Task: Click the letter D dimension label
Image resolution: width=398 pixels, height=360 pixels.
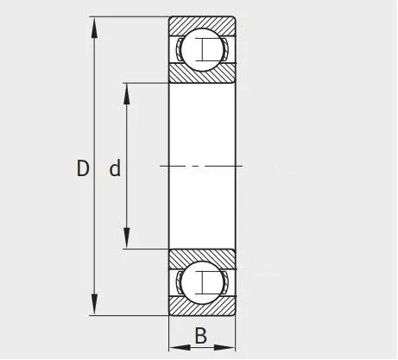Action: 83,168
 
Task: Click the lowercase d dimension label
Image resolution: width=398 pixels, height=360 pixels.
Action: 115,168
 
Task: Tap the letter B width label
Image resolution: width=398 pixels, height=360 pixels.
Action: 201,336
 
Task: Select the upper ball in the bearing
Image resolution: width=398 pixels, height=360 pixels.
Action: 202,49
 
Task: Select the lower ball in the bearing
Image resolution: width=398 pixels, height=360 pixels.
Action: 202,283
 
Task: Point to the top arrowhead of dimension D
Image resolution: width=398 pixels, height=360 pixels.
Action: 94,28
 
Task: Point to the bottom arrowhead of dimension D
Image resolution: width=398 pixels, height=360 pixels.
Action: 94,305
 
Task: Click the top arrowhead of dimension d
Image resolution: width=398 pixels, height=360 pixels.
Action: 127,94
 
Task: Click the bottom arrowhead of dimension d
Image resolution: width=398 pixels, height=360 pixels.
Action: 127,238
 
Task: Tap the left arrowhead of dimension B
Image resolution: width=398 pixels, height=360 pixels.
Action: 180,347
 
